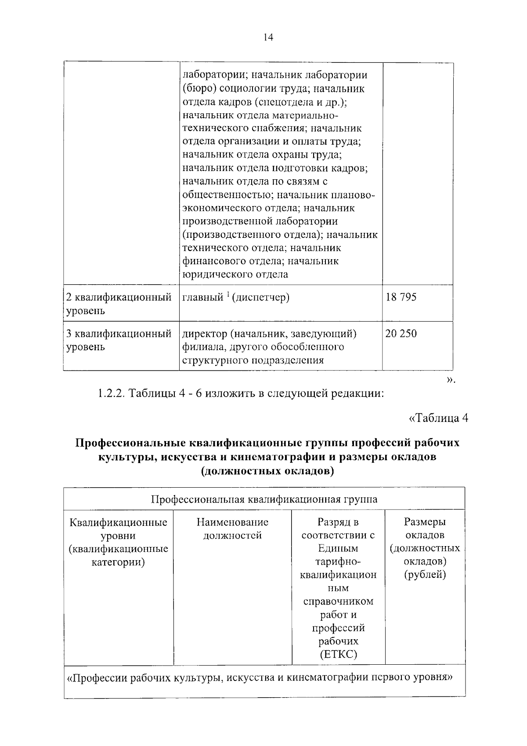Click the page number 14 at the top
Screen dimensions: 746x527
(268, 38)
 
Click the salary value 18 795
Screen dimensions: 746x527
(401, 297)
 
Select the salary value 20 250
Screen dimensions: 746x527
(401, 334)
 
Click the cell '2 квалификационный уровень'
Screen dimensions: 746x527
(119, 304)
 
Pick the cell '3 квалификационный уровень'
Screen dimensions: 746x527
(119, 340)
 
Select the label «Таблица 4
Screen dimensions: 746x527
(438, 418)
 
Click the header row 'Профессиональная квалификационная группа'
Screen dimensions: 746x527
(264, 500)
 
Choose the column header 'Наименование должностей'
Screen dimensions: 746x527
(232, 529)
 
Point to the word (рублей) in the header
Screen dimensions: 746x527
(425, 575)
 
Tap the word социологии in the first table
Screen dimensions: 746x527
(248, 89)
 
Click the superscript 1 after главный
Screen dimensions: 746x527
(228, 294)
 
